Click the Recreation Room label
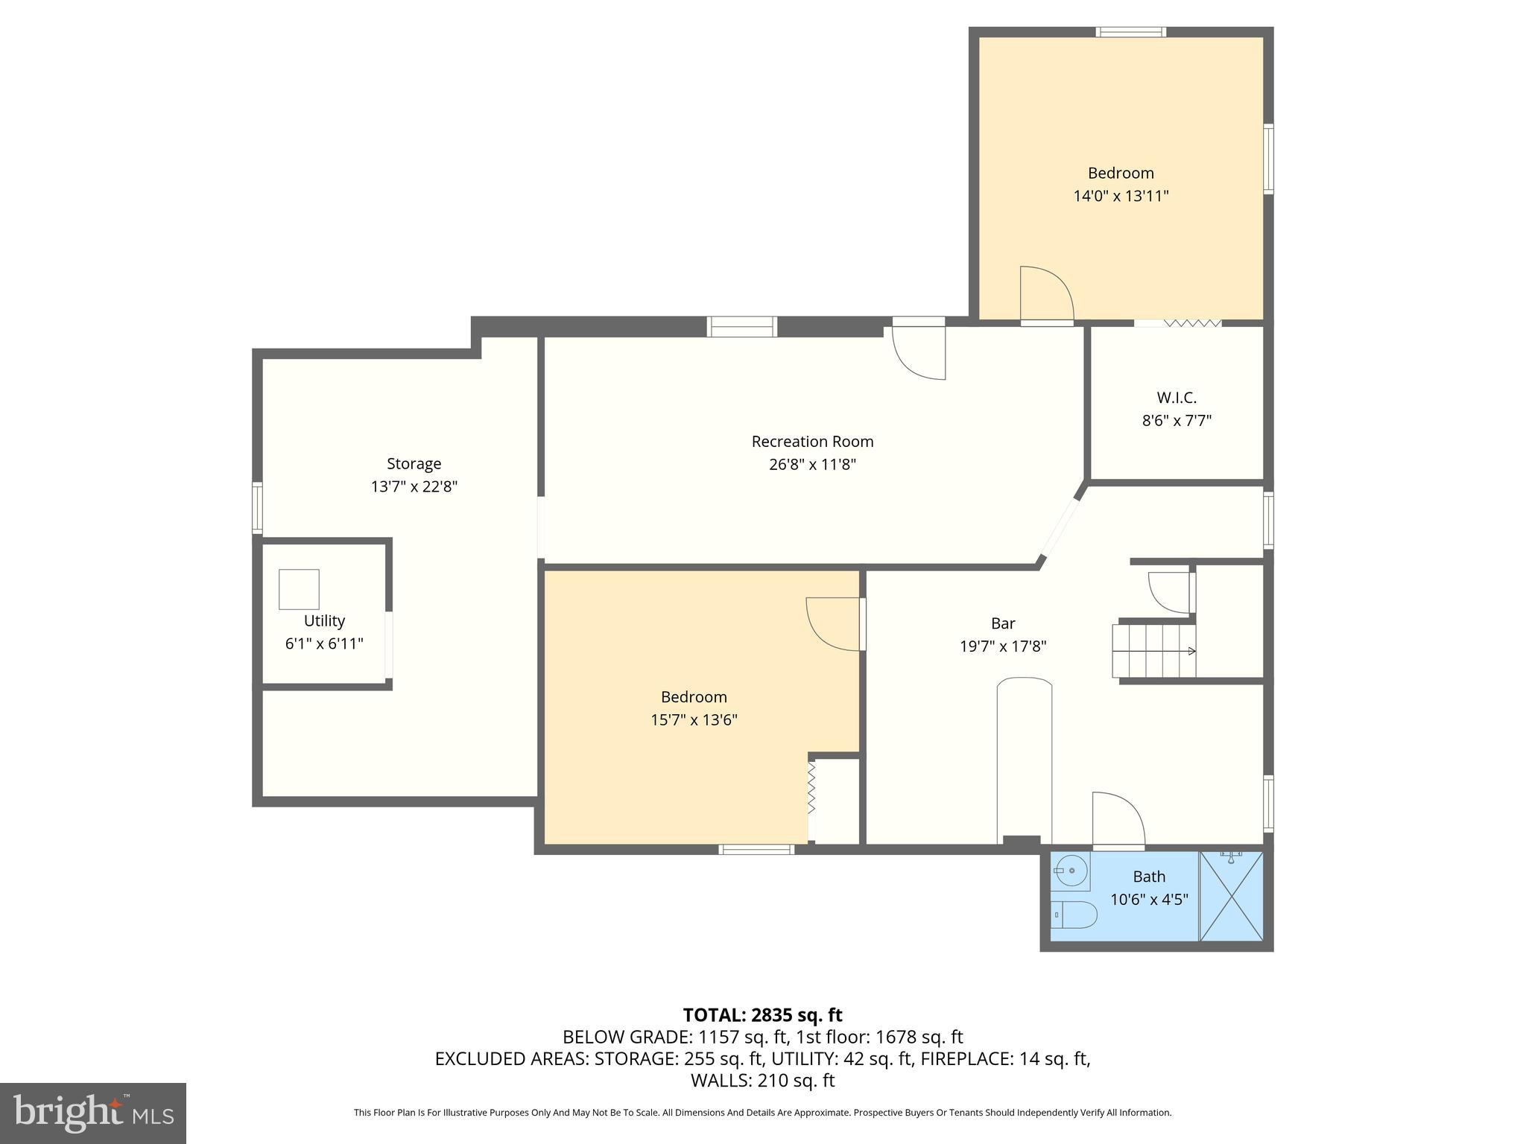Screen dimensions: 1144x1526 [812, 442]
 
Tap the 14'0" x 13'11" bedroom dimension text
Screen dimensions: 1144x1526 [1121, 197]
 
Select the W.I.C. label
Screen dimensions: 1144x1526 [1177, 398]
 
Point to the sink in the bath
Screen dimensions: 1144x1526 [1071, 870]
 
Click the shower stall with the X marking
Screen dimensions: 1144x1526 [1231, 897]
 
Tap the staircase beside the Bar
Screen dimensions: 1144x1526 [1153, 651]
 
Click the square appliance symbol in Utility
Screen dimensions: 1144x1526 [299, 589]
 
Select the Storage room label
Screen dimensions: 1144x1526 [414, 464]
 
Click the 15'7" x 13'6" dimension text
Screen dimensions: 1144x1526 [694, 720]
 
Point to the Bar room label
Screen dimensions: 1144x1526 [1003, 623]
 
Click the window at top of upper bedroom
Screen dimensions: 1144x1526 [1130, 32]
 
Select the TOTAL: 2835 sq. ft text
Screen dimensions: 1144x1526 [762, 1015]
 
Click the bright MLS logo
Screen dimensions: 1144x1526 [92, 1113]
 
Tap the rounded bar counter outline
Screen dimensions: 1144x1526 [1024, 760]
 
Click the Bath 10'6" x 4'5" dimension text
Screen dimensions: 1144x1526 [1149, 900]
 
